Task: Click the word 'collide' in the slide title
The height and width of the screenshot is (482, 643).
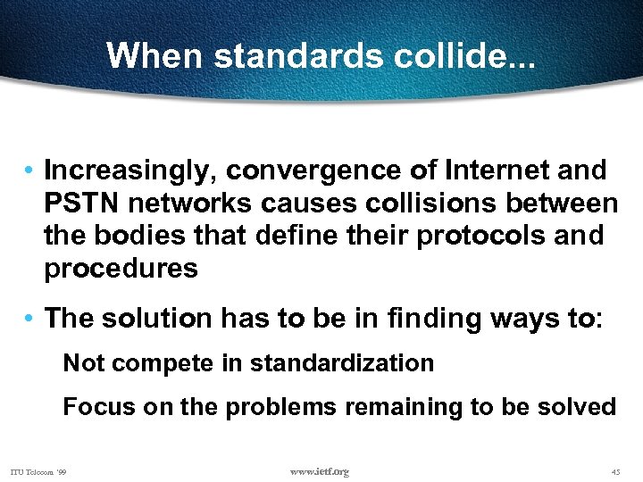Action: click(463, 55)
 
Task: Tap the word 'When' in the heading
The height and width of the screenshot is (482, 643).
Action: click(155, 55)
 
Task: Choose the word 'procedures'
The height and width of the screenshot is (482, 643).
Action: click(121, 270)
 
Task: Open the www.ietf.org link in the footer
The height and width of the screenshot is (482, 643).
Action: click(320, 471)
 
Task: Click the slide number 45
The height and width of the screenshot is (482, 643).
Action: click(615, 471)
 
